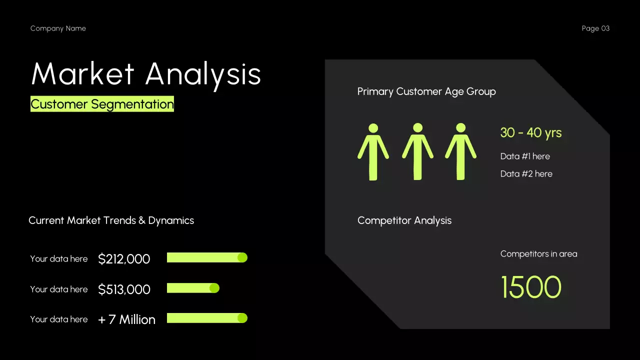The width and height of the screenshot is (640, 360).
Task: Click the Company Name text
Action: click(x=58, y=28)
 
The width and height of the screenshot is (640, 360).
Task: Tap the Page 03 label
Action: click(x=595, y=28)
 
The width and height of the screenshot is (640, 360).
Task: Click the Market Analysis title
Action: click(x=146, y=74)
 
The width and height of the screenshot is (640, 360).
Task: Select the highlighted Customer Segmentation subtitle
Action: click(x=102, y=104)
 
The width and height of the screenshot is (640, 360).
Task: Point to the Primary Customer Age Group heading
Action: click(x=426, y=91)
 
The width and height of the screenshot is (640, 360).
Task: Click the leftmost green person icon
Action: click(x=373, y=151)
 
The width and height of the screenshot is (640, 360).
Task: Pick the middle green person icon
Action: click(x=417, y=151)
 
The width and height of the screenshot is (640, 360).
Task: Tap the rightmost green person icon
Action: click(x=460, y=151)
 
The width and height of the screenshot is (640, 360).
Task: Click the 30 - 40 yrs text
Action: click(x=530, y=132)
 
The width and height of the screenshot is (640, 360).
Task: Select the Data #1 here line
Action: click(x=525, y=156)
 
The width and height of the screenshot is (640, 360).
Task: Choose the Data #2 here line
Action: click(x=526, y=174)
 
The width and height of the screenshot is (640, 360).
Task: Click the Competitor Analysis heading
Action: click(x=404, y=220)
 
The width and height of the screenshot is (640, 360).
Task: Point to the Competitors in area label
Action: click(x=538, y=254)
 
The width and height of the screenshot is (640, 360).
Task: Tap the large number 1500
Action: click(x=531, y=287)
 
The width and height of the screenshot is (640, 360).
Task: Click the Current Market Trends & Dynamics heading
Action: click(x=111, y=220)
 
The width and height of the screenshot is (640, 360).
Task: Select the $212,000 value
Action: click(x=124, y=259)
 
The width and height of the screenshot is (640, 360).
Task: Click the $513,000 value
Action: click(x=124, y=289)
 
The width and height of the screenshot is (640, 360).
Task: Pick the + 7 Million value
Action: click(x=126, y=319)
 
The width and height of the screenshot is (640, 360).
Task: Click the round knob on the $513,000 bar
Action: click(x=214, y=288)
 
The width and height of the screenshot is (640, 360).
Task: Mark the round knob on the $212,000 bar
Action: click(x=242, y=257)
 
